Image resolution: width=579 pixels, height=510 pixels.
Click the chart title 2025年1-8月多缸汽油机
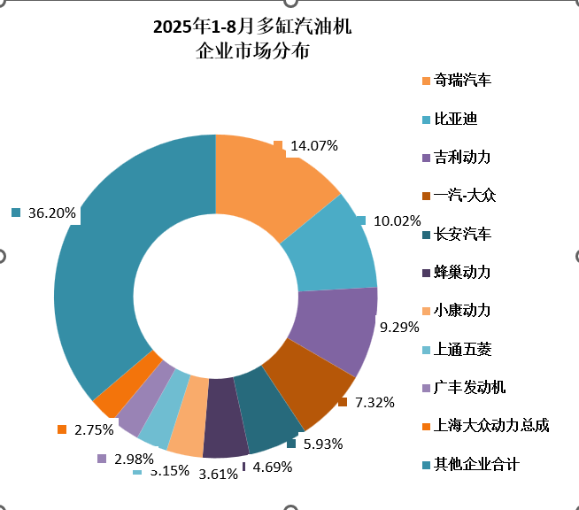coord(252,27)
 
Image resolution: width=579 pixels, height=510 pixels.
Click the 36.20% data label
coord(52,213)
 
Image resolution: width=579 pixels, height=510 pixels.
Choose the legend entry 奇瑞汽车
coord(463,81)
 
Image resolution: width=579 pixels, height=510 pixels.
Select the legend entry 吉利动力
coord(463,158)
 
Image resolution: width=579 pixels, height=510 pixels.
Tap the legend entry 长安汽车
coord(463,235)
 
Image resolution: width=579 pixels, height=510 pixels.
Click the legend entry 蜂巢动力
coord(463,273)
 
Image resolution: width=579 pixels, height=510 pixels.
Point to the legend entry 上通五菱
coord(463,349)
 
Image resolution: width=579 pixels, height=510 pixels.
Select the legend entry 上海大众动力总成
coord(491,426)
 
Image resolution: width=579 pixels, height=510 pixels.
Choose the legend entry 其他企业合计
coord(476,465)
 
